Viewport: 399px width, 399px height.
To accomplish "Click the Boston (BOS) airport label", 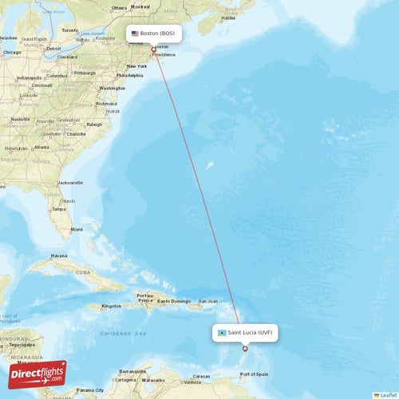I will [155, 34].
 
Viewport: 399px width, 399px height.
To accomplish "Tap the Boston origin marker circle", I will [154, 49].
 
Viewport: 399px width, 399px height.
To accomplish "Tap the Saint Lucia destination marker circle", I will [245, 349].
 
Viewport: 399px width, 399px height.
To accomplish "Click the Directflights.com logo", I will [38, 374].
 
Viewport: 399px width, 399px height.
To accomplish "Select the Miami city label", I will [76, 229].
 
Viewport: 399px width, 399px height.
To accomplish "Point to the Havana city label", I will [59, 256].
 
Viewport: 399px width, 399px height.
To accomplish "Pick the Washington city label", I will [112, 88].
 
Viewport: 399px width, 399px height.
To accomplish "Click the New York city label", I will [136, 65].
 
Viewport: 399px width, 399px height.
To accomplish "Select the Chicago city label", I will [11, 53].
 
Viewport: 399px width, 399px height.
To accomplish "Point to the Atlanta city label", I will [41, 147].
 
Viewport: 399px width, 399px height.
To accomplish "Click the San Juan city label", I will [207, 301].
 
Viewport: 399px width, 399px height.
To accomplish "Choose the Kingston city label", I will [112, 306].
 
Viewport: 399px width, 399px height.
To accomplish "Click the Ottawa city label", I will [119, 7].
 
